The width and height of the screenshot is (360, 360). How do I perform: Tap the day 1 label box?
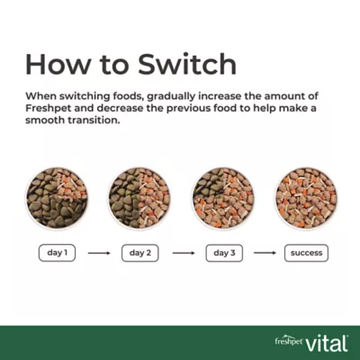[55, 253]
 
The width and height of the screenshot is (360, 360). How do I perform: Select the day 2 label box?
[139, 253]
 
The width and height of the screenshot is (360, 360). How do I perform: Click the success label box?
[306, 253]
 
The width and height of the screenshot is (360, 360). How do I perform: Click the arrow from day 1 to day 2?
[98, 253]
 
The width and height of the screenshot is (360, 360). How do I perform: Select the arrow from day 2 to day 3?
[183, 253]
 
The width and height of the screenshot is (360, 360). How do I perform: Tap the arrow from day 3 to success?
[265, 253]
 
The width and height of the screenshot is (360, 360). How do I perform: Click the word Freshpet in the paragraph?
[50, 107]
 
